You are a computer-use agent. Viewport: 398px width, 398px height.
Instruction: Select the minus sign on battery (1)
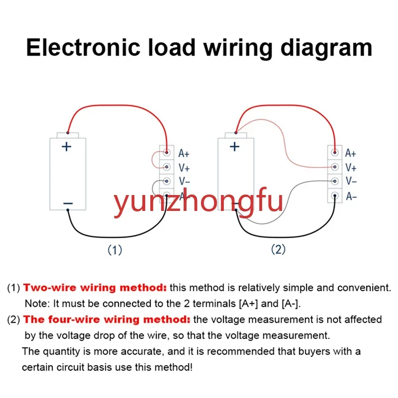(68, 203)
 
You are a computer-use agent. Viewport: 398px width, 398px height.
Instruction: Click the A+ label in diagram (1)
(184, 154)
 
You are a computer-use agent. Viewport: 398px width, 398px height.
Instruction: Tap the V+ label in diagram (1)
(184, 168)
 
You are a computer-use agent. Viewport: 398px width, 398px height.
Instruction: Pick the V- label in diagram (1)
(184, 182)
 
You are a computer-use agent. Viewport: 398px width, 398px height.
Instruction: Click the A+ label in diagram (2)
(351, 154)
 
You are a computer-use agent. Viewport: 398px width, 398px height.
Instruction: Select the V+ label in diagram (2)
(351, 168)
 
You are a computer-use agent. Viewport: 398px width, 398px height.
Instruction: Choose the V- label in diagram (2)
(351, 182)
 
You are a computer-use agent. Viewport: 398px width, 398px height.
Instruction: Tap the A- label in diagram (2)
(351, 197)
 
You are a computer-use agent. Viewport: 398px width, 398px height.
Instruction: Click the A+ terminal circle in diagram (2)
(335, 153)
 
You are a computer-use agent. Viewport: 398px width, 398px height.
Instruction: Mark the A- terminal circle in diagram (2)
(335, 196)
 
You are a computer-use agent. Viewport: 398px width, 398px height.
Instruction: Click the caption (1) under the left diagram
(115, 250)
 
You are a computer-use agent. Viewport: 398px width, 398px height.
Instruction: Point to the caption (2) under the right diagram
(278, 250)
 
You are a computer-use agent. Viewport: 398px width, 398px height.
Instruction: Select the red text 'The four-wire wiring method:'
(107, 319)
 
